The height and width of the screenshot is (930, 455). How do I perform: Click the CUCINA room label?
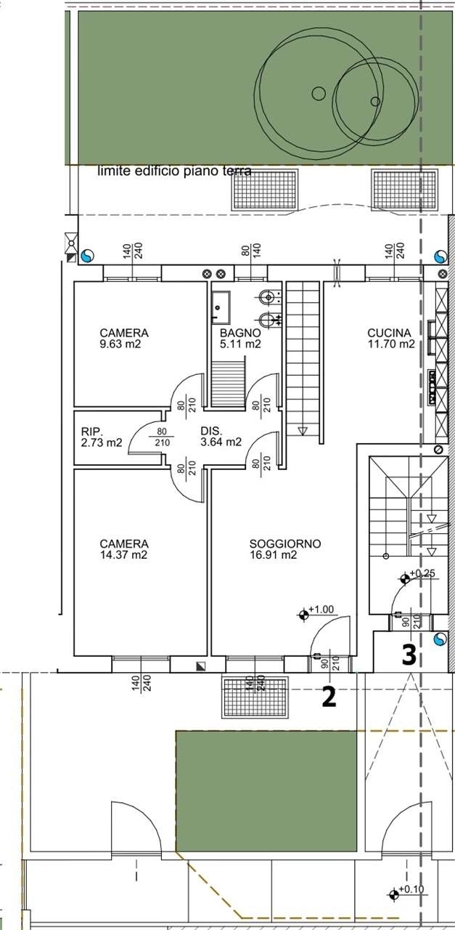(389, 333)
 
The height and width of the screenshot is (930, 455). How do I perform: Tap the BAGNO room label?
(240, 333)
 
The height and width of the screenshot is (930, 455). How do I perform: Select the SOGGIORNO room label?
(285, 543)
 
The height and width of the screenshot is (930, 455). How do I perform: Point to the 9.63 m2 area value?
(120, 344)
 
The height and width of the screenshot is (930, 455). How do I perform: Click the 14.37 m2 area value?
(123, 554)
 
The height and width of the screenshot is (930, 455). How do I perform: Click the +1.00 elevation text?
(321, 609)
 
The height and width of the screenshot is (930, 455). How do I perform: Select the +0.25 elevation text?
(422, 573)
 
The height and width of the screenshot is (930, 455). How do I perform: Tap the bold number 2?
(329, 697)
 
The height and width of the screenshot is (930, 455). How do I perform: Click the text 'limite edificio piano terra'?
(175, 171)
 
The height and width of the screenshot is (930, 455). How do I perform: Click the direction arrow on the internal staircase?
(303, 432)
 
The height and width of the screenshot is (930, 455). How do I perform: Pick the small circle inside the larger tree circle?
(318, 94)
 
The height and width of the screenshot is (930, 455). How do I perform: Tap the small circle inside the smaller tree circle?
(375, 101)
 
